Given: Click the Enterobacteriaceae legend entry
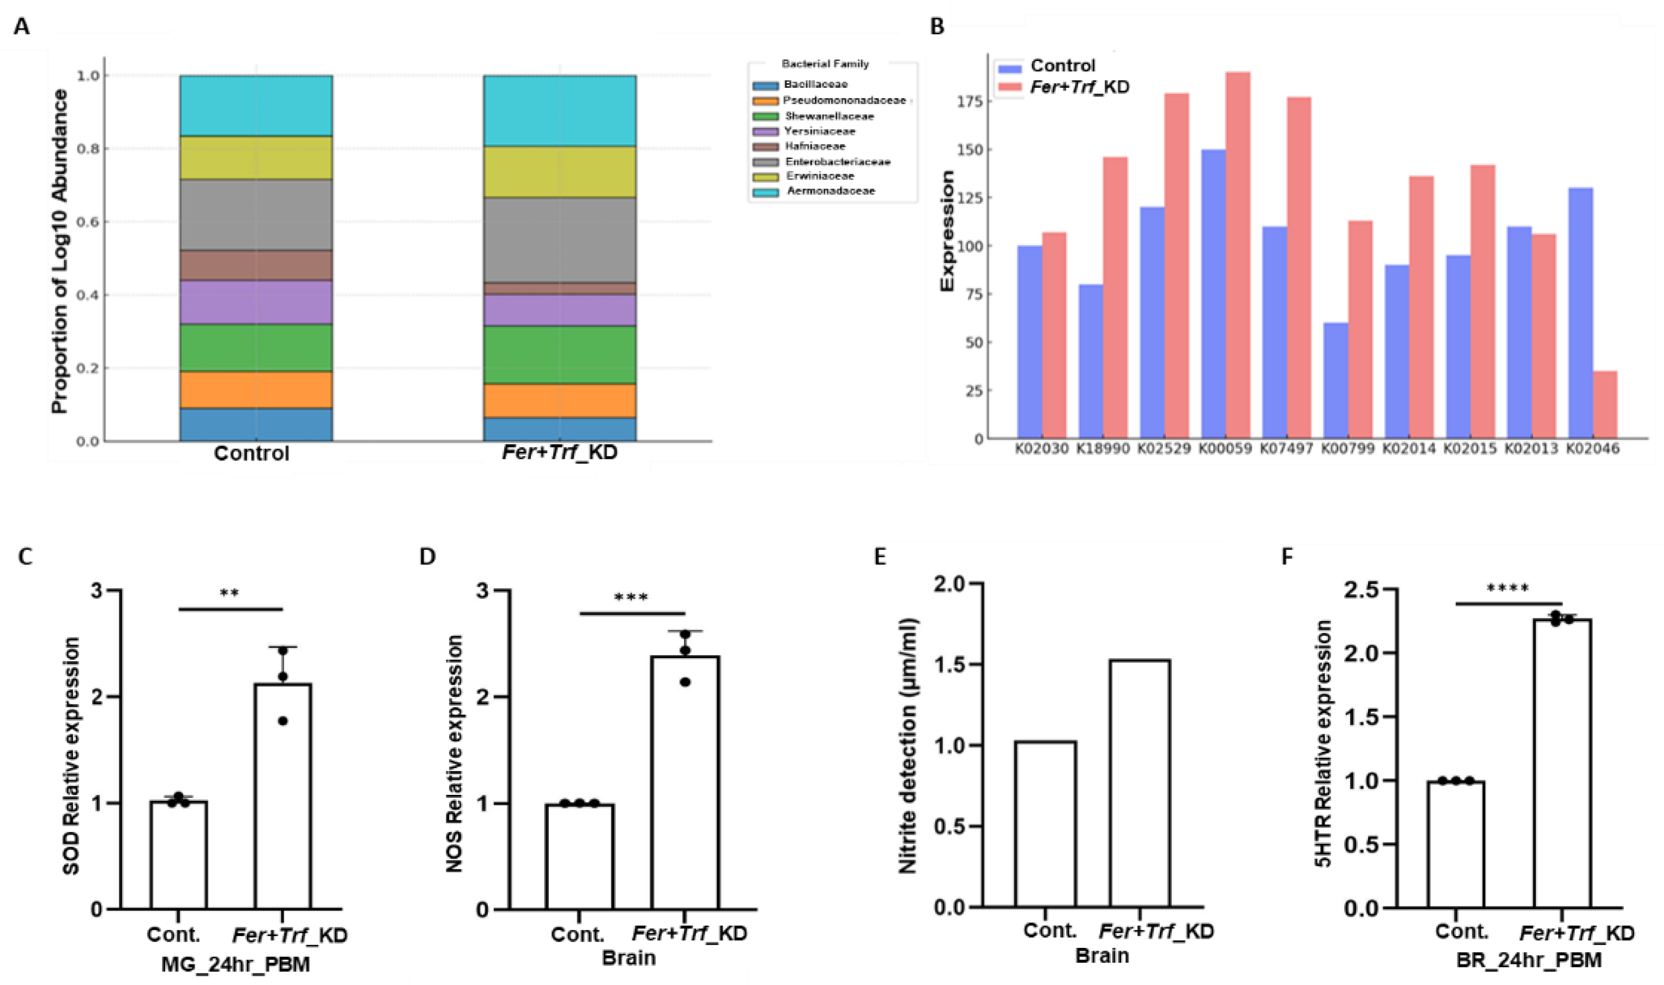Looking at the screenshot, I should tap(837, 162).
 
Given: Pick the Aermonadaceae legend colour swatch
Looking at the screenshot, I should tap(765, 192).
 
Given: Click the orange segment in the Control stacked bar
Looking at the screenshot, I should tap(256, 390).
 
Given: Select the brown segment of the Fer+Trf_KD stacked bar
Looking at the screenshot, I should tap(559, 289).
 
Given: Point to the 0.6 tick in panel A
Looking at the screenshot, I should tap(90, 222).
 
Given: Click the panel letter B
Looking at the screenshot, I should tap(937, 27).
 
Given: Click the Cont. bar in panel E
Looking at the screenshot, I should tap(1045, 824).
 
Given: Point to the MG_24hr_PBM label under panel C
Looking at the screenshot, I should tap(235, 964).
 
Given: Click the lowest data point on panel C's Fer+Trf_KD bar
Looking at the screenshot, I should tap(283, 721).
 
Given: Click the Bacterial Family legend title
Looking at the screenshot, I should tap(825, 64).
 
